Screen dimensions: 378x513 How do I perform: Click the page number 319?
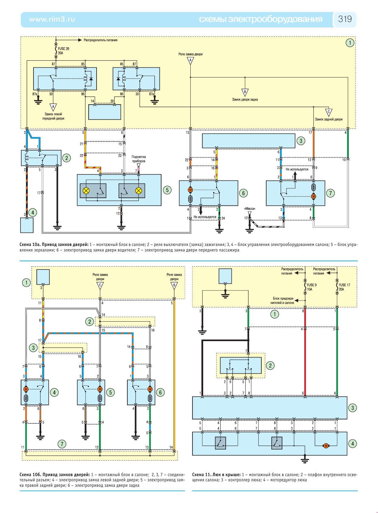click(345, 19)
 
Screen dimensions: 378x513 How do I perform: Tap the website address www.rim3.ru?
click(52, 19)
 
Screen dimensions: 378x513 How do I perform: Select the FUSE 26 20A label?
click(63, 51)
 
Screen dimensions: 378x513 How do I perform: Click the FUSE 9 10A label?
click(311, 287)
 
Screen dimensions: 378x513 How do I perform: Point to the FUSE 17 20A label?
click(344, 287)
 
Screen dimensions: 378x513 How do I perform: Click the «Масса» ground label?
click(250, 208)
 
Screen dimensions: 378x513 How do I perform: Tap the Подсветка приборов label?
click(138, 159)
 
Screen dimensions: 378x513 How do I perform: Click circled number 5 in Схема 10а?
click(167, 190)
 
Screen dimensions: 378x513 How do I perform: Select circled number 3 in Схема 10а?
click(301, 141)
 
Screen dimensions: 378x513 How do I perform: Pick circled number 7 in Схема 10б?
click(62, 444)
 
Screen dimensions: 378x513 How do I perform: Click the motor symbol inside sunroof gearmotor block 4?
click(326, 446)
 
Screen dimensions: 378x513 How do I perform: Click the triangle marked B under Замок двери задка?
click(245, 93)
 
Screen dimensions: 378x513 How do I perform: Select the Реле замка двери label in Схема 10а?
click(190, 54)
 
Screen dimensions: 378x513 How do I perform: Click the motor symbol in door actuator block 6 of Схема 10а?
click(190, 190)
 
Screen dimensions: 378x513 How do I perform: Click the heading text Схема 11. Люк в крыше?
click(216, 475)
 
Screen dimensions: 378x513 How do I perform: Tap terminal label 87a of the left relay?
click(35, 94)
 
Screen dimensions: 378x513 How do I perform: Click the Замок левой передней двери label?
click(53, 116)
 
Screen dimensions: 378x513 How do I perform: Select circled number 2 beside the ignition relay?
click(67, 158)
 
